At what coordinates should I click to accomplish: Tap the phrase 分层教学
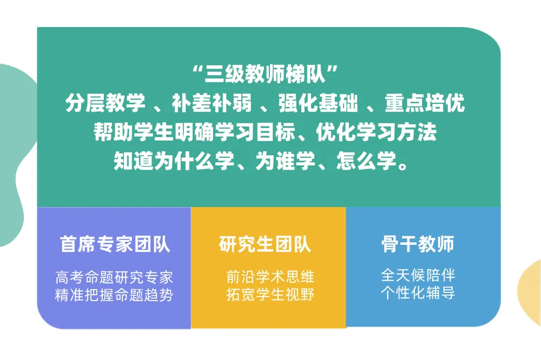pyautogui.click(x=102, y=104)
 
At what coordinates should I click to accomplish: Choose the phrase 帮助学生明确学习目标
pyautogui.click(x=192, y=133)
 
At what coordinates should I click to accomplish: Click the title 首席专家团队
pyautogui.click(x=115, y=245)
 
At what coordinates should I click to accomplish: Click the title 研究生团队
pyautogui.click(x=265, y=245)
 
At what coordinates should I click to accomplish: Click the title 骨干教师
pyautogui.click(x=418, y=245)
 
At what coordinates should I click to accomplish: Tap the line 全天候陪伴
pyautogui.click(x=418, y=276)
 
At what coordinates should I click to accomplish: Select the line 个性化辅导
pyautogui.click(x=418, y=294)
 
